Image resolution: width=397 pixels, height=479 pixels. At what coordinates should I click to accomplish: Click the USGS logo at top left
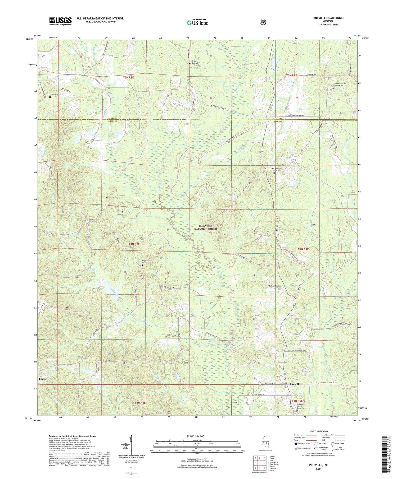pos(60,21)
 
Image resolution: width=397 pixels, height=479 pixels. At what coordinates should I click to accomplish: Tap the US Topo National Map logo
pos(197,22)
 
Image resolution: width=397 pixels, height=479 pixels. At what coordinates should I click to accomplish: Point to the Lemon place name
pos(43,379)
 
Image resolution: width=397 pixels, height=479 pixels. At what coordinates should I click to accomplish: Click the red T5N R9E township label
pos(291,76)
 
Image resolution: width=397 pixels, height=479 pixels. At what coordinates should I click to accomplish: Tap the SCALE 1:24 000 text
pos(197,436)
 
